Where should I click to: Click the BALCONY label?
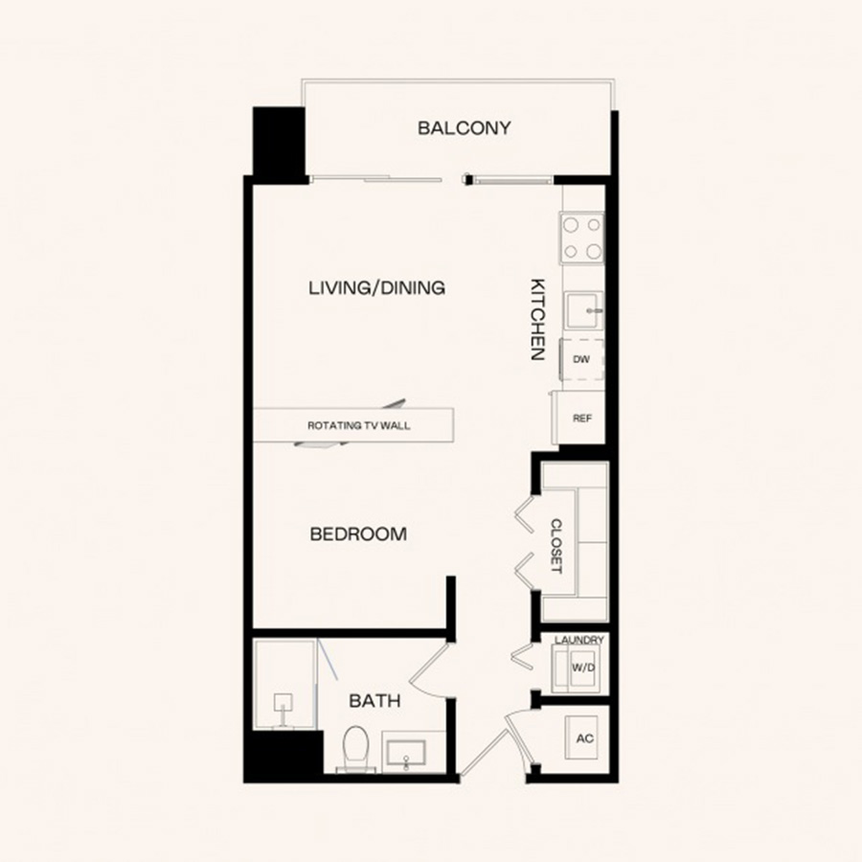pyautogui.click(x=464, y=128)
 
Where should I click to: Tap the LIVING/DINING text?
pyautogui.click(x=376, y=287)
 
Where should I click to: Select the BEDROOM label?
pyautogui.click(x=358, y=533)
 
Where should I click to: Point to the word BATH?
pyautogui.click(x=374, y=701)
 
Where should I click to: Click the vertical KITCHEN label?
pyautogui.click(x=537, y=319)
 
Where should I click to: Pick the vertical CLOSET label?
pyautogui.click(x=556, y=546)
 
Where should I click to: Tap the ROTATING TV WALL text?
pyautogui.click(x=358, y=425)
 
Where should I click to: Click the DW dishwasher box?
pyautogui.click(x=581, y=359)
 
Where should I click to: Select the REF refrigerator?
pyautogui.click(x=579, y=418)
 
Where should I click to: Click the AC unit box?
pyautogui.click(x=581, y=737)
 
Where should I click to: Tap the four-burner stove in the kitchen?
pyautogui.click(x=582, y=238)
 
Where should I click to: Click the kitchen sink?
pyautogui.click(x=584, y=310)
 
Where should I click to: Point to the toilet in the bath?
pyautogui.click(x=355, y=748)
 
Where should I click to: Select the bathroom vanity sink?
pyautogui.click(x=406, y=754)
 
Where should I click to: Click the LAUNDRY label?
pyautogui.click(x=578, y=640)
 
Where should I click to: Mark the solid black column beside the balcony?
pyautogui.click(x=279, y=144)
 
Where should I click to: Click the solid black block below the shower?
pyautogui.click(x=284, y=755)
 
